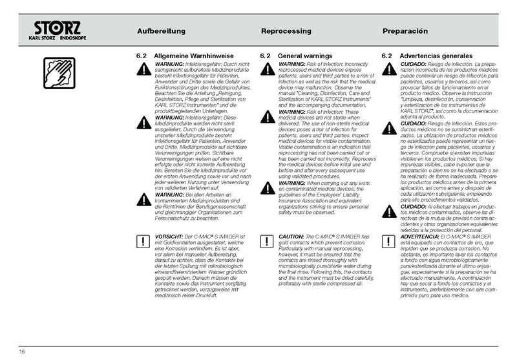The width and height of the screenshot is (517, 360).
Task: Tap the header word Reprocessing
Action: click(x=286, y=32)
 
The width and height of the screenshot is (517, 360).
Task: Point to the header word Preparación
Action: click(x=405, y=32)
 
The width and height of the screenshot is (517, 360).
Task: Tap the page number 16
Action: click(x=22, y=351)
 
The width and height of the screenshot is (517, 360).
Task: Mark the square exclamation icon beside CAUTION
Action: click(x=266, y=242)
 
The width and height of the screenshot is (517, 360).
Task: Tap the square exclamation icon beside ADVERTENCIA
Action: click(x=388, y=242)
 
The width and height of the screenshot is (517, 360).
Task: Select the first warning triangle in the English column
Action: click(x=266, y=70)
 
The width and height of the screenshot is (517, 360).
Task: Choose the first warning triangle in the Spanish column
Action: click(x=388, y=70)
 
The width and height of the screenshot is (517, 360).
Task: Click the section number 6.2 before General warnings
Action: click(x=265, y=57)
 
